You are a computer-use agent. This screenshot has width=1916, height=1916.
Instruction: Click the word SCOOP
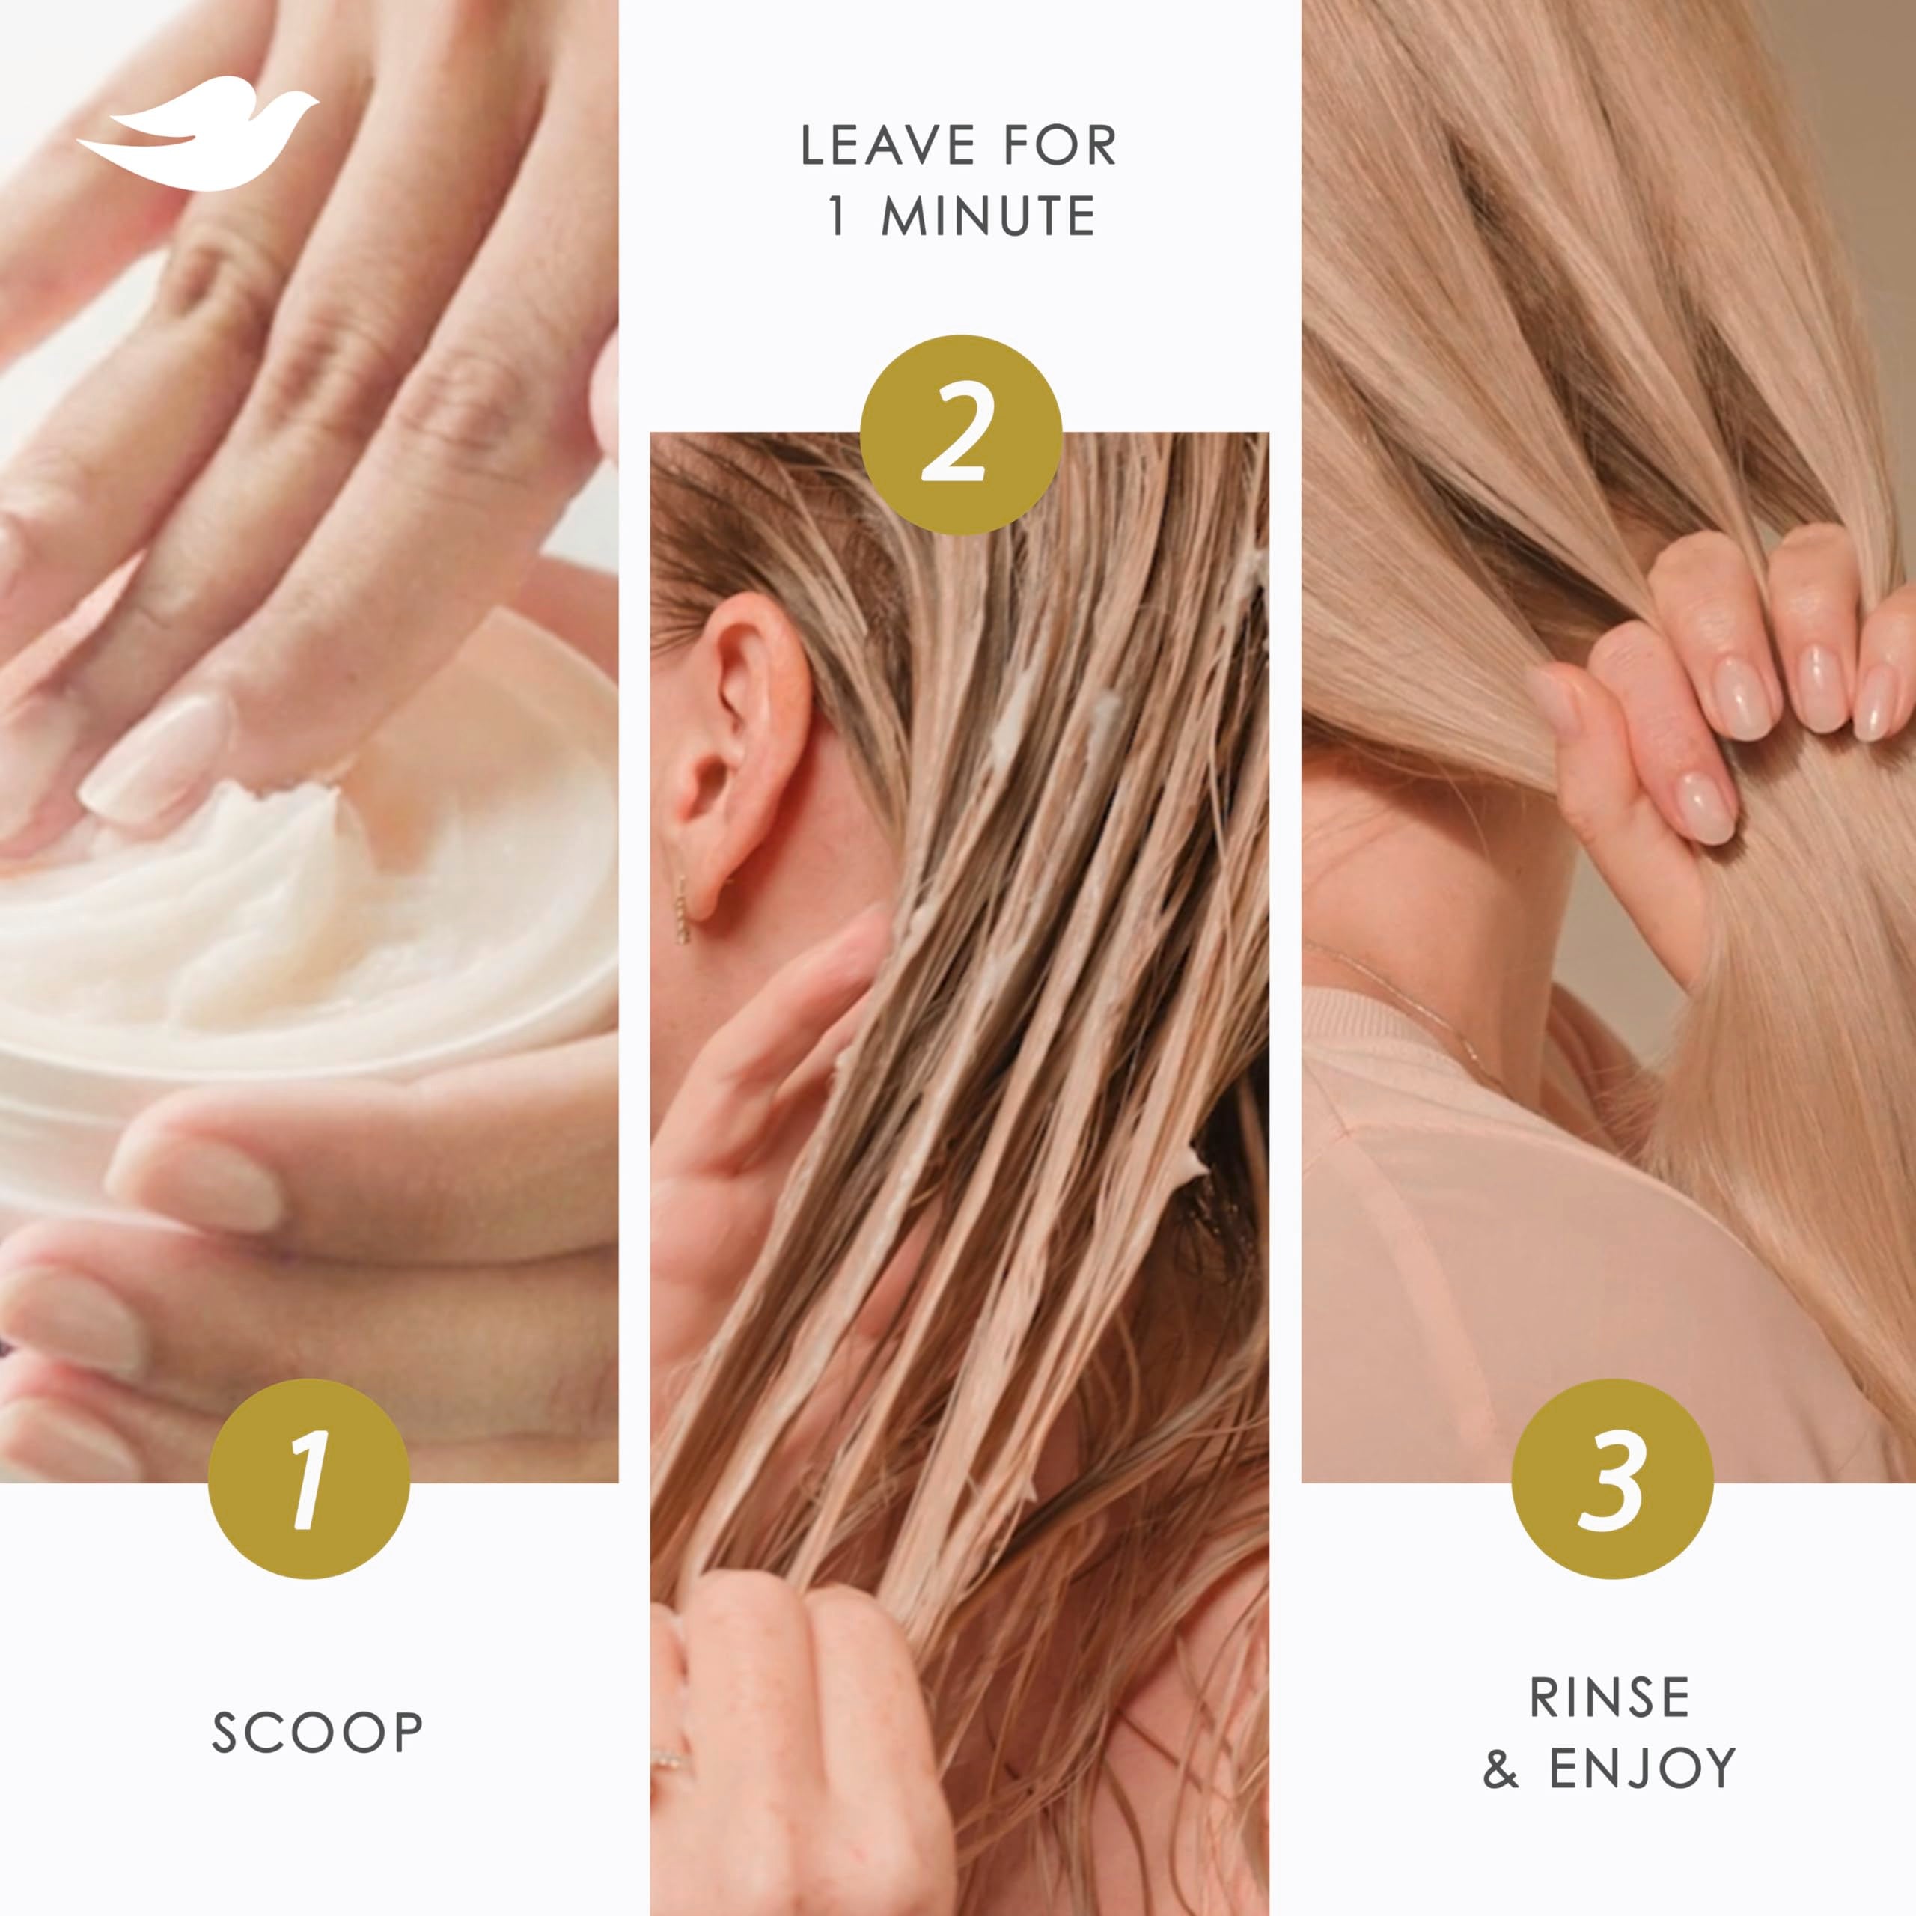tap(317, 1733)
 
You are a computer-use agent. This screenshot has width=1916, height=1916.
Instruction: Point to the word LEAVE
tap(888, 146)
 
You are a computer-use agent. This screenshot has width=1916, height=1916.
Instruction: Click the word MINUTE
tap(988, 216)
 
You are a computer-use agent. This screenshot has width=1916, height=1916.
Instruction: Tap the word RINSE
tap(1610, 1697)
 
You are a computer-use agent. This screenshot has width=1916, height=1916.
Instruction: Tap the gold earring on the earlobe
tap(683, 907)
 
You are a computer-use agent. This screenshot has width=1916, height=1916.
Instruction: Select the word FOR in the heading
tap(1059, 146)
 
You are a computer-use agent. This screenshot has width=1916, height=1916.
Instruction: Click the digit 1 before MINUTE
tap(838, 216)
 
